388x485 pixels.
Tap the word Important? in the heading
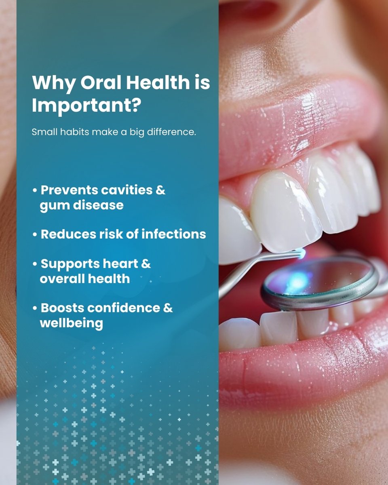[x=86, y=106]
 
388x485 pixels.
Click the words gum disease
[x=81, y=205]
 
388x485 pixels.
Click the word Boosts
[x=62, y=308]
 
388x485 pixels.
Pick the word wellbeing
[x=71, y=323]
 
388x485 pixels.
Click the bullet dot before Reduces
[x=35, y=234]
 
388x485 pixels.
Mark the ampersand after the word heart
[x=146, y=264]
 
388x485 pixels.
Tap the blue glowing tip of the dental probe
[x=302, y=253]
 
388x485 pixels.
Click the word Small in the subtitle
[x=42, y=132]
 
